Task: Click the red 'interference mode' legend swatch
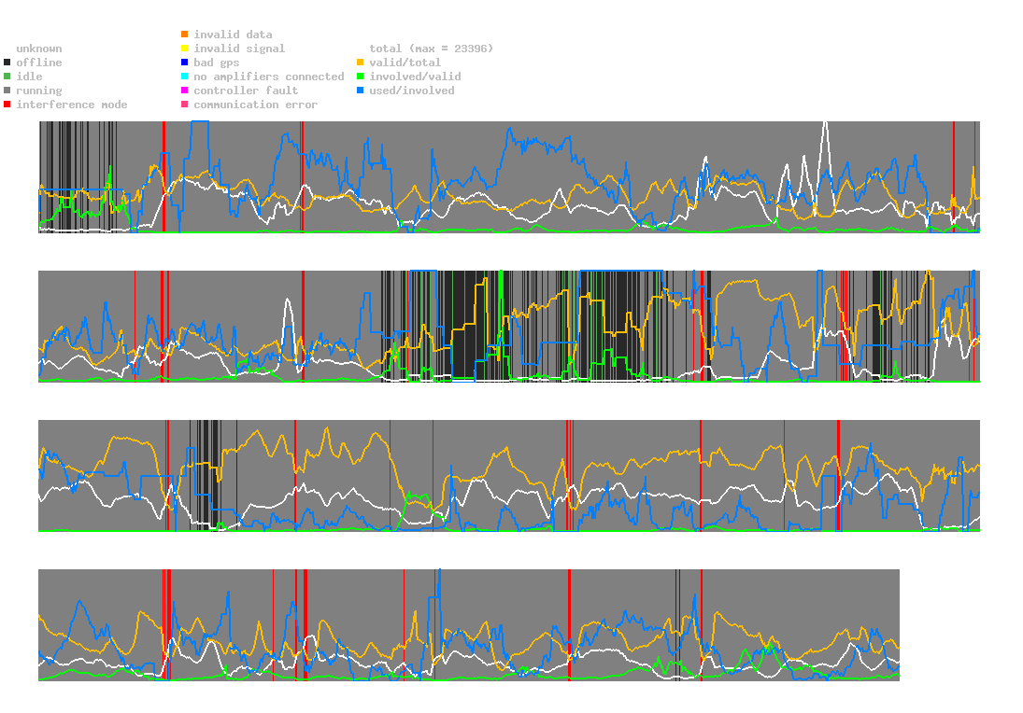[x=7, y=105]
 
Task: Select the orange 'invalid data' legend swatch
[x=185, y=35]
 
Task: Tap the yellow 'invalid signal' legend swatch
[x=185, y=49]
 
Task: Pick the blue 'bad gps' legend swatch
[x=185, y=63]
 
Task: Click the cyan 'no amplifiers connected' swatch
[x=185, y=77]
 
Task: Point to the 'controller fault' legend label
[x=246, y=91]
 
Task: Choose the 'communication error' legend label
[x=255, y=105]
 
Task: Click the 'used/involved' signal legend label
[x=412, y=91]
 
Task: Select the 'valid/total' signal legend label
[x=405, y=63]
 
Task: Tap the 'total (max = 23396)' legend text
[x=431, y=49]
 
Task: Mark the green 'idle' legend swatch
[x=7, y=77]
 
